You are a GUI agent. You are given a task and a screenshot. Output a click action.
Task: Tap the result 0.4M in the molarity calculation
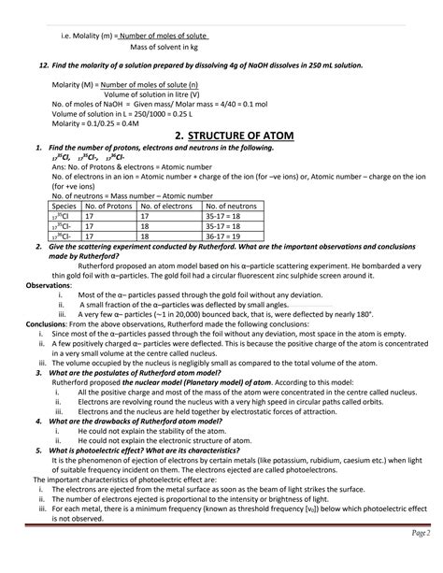coord(128,122)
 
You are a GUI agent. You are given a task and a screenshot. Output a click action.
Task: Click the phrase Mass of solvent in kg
coord(164,46)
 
